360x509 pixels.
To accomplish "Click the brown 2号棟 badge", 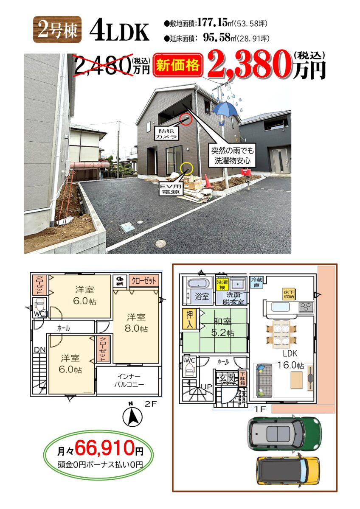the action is pos(57,30).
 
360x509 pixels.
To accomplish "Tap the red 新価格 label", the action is pos(178,65).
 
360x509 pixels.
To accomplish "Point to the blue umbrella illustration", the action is pos(225,113).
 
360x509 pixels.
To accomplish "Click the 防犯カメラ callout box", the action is pos(166,133).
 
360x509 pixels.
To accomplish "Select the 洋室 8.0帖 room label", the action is pos(136,323).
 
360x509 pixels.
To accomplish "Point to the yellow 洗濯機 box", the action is pos(222,285).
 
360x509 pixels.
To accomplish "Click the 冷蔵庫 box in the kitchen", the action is pos(256,282).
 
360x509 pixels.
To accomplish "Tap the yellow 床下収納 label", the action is pos(289,294).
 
